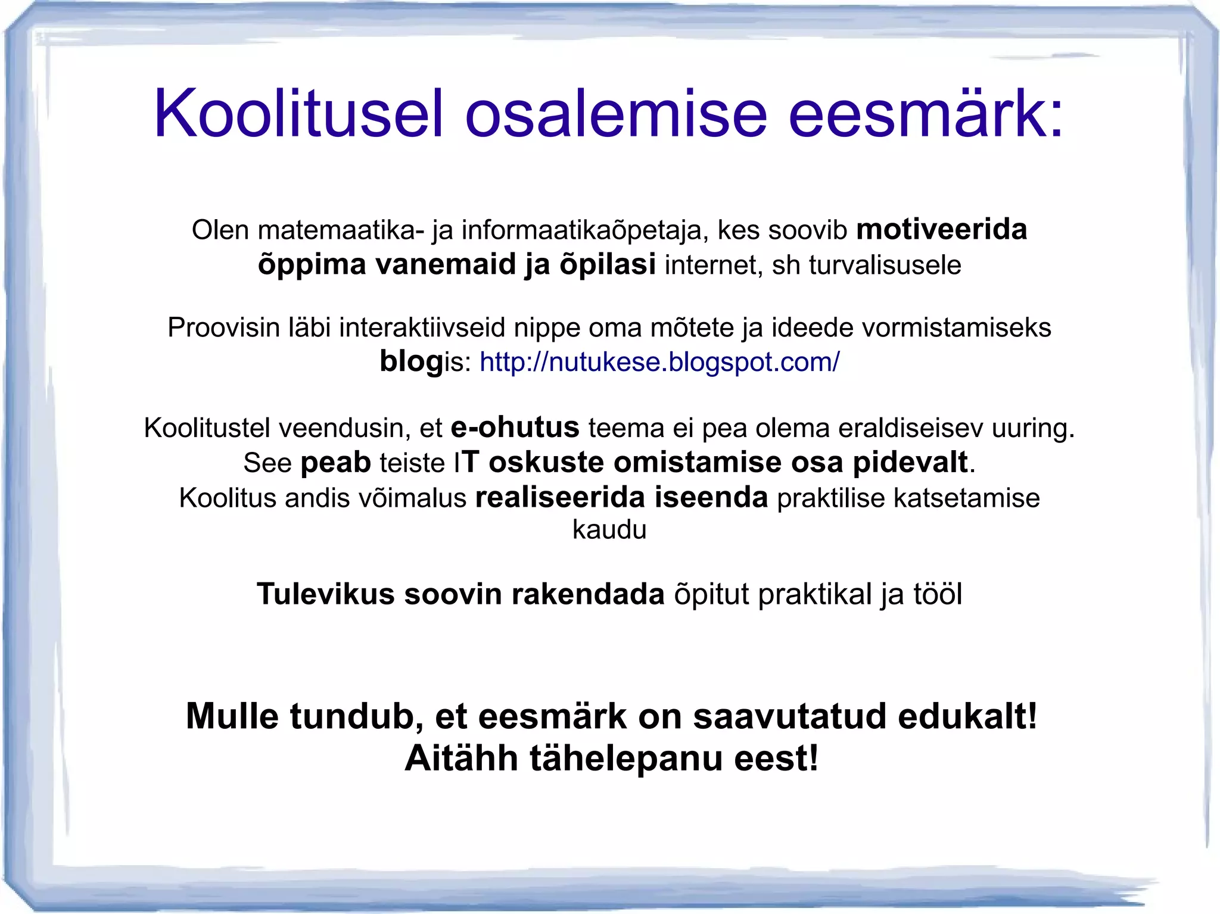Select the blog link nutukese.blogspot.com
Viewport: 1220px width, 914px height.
tap(659, 361)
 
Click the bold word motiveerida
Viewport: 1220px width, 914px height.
tap(941, 230)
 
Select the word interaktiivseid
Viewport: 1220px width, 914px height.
tap(425, 327)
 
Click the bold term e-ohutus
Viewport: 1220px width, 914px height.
tap(515, 428)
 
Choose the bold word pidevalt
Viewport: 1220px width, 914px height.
tap(910, 462)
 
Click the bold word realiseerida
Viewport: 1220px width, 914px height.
tap(559, 498)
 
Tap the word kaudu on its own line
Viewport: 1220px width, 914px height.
tap(609, 529)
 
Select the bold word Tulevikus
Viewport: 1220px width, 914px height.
tap(325, 594)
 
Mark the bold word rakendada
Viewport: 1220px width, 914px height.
tap(587, 594)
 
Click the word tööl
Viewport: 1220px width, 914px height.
tap(937, 594)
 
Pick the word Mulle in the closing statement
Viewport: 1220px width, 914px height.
tap(232, 716)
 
